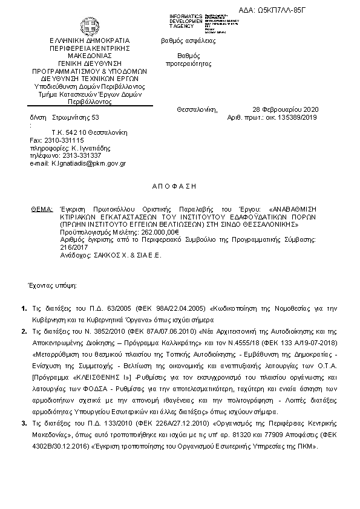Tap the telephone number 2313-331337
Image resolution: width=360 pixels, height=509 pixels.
click(x=77, y=155)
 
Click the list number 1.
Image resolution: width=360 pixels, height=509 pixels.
click(x=24, y=310)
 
